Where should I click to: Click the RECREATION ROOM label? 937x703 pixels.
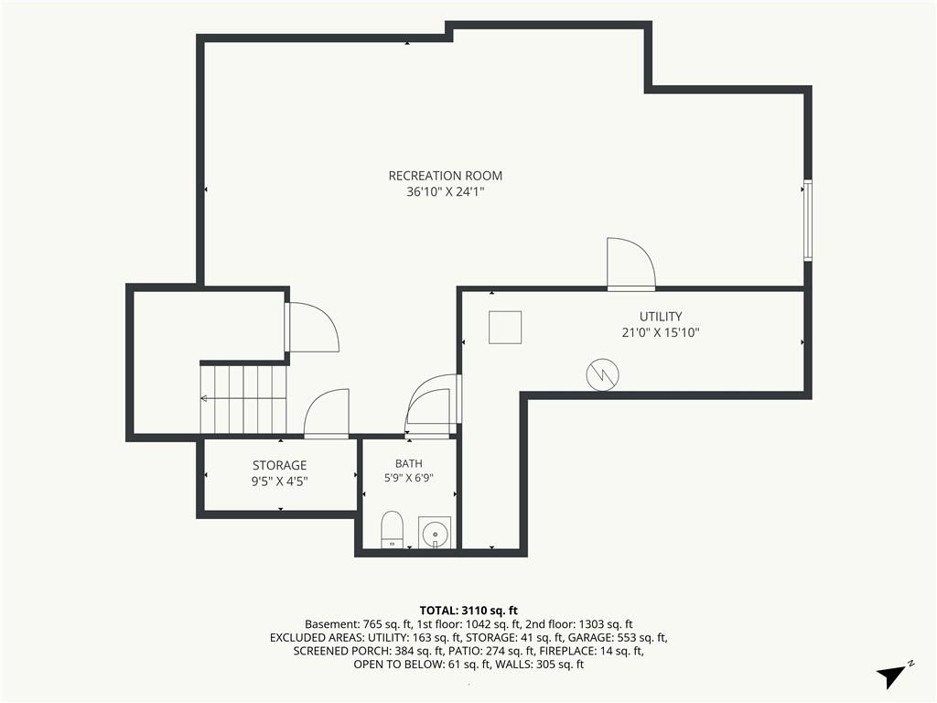(446, 176)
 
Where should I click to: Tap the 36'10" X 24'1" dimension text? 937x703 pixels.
(446, 192)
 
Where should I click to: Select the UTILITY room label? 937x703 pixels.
(661, 317)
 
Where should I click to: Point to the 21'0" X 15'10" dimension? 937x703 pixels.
(661, 333)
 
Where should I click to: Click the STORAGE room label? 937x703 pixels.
(279, 466)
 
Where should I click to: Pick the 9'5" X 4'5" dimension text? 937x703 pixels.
(279, 481)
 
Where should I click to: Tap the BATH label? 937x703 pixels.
(409, 463)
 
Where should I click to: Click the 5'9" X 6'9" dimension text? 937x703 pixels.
(409, 478)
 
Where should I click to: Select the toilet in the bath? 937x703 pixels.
(393, 529)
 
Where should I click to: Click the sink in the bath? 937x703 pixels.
(435, 532)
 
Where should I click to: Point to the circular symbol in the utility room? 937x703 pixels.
(602, 374)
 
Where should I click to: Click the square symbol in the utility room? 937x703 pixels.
(505, 327)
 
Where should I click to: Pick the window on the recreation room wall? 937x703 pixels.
(808, 220)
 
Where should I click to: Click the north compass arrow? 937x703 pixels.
(893, 676)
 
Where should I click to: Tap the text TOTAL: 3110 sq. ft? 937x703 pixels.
(468, 611)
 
